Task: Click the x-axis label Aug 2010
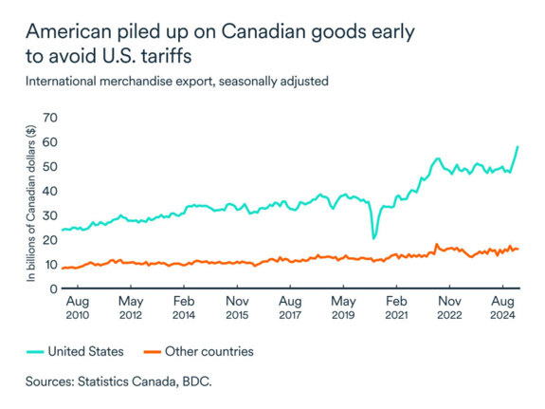[x=77, y=308]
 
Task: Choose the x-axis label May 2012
[x=130, y=308]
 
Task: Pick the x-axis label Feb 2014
[x=184, y=308]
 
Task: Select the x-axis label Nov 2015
[x=237, y=308]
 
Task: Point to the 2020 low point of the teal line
[x=373, y=237]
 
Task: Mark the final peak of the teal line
[x=517, y=147]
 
